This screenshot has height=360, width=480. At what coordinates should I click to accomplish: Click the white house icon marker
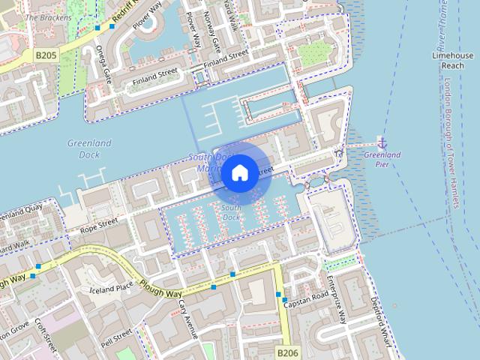[x=239, y=172]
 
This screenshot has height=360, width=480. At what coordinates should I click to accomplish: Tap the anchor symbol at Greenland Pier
[x=382, y=142]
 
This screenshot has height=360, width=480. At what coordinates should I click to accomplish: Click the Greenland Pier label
[x=382, y=159]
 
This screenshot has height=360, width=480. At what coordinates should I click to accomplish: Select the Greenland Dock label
[x=88, y=148]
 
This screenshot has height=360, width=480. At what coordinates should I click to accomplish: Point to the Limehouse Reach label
[x=452, y=61]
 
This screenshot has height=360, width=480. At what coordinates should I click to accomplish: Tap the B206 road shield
[x=287, y=352]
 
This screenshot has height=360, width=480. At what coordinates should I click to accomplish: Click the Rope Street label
[x=100, y=223]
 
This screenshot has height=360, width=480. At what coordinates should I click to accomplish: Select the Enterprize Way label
[x=336, y=298]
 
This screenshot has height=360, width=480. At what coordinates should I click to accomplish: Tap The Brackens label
[x=49, y=16]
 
